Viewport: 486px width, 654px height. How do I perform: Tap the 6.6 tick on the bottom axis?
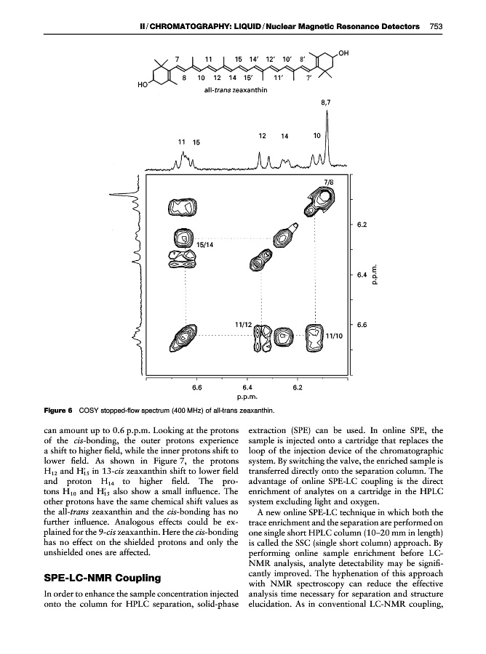(196, 387)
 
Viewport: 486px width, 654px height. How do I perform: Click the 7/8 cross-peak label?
(329, 181)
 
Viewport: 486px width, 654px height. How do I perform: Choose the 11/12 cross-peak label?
(243, 323)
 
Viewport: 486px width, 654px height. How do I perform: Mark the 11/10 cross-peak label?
(335, 336)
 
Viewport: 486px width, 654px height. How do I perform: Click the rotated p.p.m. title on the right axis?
(375, 276)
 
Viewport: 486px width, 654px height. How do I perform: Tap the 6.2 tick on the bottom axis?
(298, 387)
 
